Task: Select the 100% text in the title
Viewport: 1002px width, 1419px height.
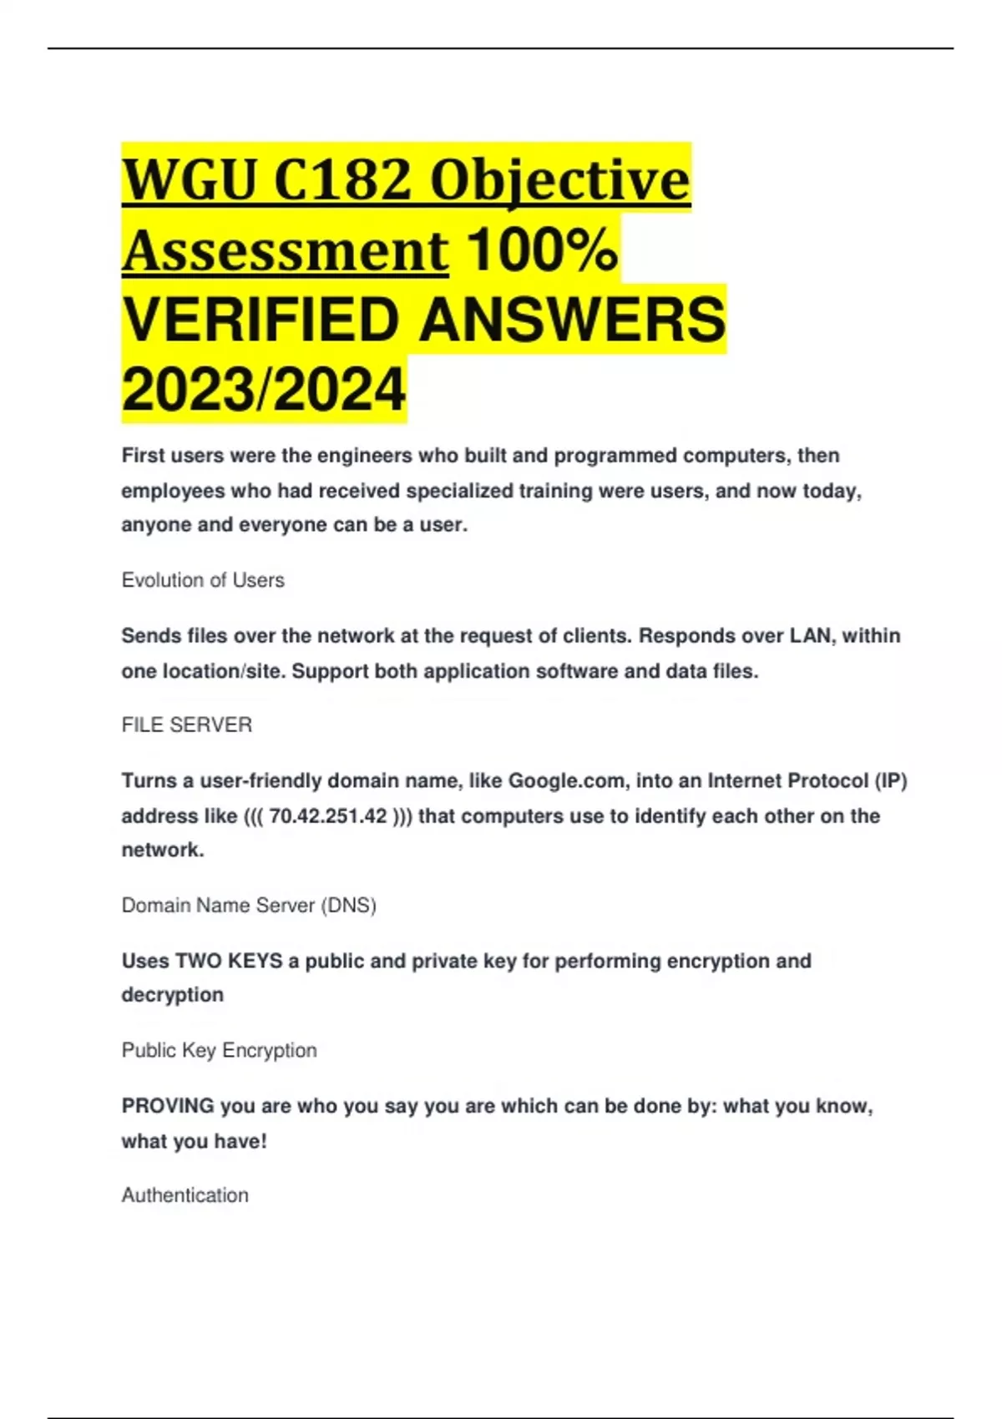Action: (542, 250)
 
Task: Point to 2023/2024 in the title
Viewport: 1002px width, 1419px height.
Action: (264, 390)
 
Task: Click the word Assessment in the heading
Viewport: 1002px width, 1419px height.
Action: (286, 250)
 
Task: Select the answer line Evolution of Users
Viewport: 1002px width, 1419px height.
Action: (203, 580)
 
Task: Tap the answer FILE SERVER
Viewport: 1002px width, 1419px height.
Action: (187, 725)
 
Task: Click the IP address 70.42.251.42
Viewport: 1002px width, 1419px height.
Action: (328, 816)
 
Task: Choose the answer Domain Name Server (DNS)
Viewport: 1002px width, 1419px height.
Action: (249, 905)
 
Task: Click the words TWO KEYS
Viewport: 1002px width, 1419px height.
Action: (228, 961)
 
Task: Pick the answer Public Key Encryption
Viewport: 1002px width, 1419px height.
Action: (220, 1050)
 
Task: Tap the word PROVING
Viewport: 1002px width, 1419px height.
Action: (168, 1106)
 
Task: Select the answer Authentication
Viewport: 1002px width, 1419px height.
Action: (185, 1195)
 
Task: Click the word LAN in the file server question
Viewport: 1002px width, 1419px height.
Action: (809, 636)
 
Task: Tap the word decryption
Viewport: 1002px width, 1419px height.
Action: (173, 995)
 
